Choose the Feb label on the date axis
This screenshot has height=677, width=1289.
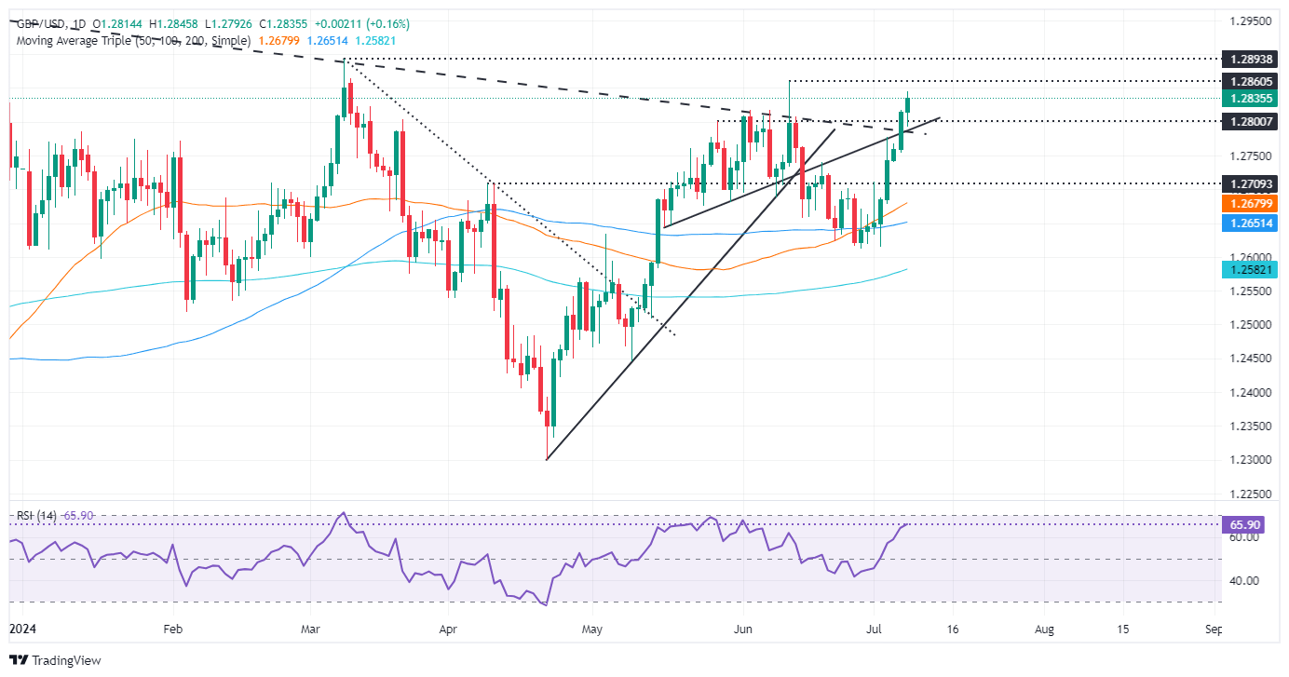[172, 630]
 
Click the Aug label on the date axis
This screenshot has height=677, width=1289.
[1044, 630]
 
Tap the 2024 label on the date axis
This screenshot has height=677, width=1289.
[22, 630]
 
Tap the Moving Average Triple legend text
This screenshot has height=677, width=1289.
[133, 40]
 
